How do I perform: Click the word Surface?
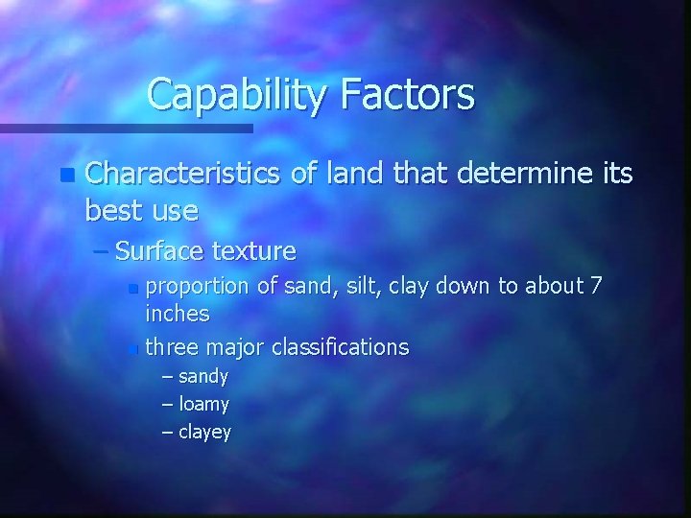click(157, 251)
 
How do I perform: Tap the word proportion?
click(197, 285)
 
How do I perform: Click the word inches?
click(178, 314)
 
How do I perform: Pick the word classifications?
click(341, 345)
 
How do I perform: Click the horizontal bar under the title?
click(125, 128)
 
